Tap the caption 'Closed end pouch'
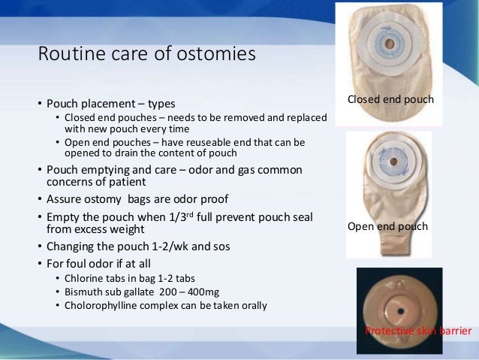390,100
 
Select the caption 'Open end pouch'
387,226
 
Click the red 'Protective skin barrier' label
417,331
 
